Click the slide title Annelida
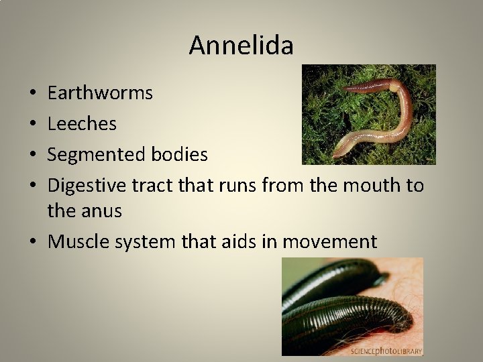tap(241, 46)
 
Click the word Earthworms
tap(100, 93)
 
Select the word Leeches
tap(82, 124)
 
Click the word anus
tap(101, 212)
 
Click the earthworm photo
tap(368, 115)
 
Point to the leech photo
tap(352, 305)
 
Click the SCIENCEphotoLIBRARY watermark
tap(385, 350)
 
